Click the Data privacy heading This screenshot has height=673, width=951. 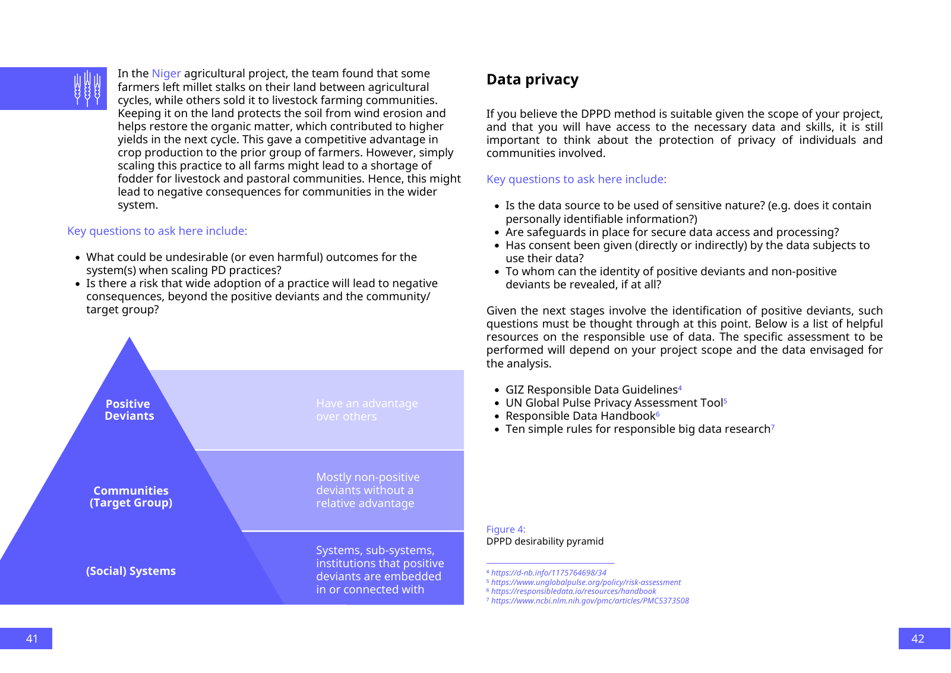point(532,80)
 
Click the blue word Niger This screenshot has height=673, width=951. point(166,74)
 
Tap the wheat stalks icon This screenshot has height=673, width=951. point(87,89)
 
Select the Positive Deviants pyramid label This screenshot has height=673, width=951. point(129,410)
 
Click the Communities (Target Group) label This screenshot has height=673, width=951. point(131,497)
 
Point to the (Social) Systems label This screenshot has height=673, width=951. point(131,571)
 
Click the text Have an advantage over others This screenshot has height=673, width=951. point(367,410)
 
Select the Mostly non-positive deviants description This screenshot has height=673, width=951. point(367,490)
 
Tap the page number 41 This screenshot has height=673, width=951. point(31,639)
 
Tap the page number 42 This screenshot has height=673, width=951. point(918,639)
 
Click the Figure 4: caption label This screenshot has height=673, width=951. point(505,530)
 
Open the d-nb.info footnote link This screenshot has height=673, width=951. point(548,573)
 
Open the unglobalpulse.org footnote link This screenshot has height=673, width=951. point(586,583)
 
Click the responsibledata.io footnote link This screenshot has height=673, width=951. point(573,592)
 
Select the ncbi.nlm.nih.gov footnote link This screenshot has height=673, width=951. point(590,601)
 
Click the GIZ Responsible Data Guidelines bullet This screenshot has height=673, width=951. point(591,390)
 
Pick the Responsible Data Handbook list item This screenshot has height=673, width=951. point(580,416)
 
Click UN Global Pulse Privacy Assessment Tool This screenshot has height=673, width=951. point(614,403)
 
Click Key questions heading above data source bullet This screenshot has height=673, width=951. point(576,180)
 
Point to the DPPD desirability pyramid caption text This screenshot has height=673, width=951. point(545,542)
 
